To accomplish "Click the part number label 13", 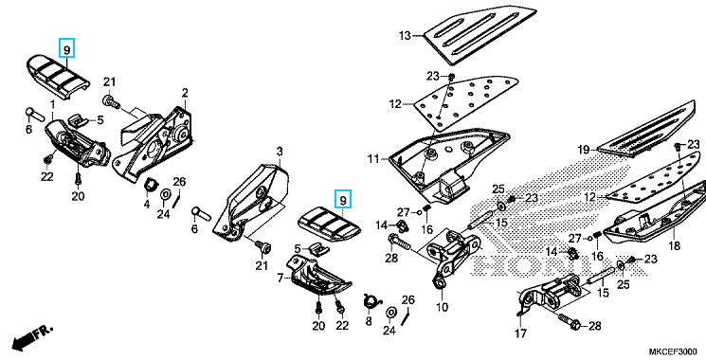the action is [405, 36].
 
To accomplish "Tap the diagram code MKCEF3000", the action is [673, 351].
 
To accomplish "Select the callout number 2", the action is [185, 93].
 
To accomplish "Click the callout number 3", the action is [280, 152].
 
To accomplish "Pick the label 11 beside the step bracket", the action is [373, 159].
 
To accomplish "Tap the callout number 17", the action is [521, 333].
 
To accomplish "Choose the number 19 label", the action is [584, 150].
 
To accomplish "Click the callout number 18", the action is [675, 246].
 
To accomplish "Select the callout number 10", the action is [442, 307].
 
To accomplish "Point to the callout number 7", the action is [281, 279].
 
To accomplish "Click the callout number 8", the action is [369, 321].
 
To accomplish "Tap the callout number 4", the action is [146, 205].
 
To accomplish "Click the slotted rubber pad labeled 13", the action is [479, 36].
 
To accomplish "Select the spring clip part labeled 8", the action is [371, 301].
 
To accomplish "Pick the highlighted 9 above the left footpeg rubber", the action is [66, 47].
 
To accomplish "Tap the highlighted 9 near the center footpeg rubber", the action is [343, 199].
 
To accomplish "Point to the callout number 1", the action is [52, 104].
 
